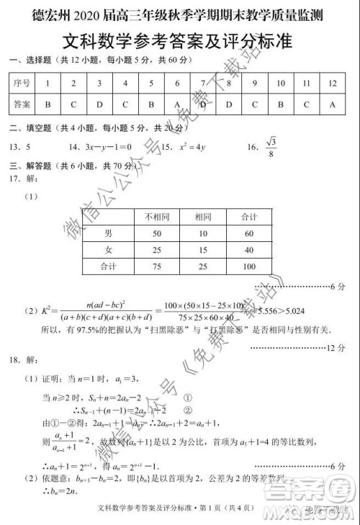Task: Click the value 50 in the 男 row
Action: pos(157,233)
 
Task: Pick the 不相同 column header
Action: pos(157,217)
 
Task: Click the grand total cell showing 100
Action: pos(249,266)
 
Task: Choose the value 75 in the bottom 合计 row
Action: pos(157,266)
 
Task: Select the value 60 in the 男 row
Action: pos(249,233)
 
